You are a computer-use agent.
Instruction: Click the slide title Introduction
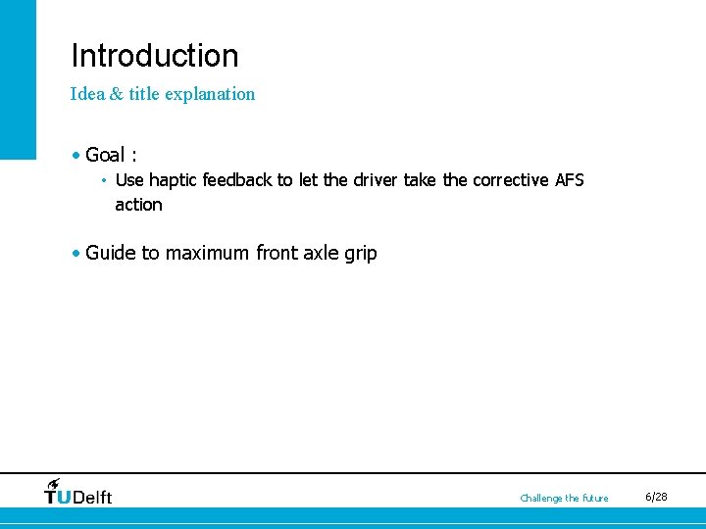pyautogui.click(x=154, y=56)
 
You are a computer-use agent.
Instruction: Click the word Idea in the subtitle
pyautogui.click(x=84, y=94)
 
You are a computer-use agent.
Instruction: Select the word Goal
pyautogui.click(x=105, y=155)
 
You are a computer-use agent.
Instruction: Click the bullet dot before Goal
pyautogui.click(x=76, y=155)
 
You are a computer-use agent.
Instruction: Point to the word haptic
pyautogui.click(x=174, y=180)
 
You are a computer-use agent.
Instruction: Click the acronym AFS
pyautogui.click(x=570, y=180)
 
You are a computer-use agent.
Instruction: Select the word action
pyautogui.click(x=138, y=205)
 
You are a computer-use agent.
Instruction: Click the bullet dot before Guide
pyautogui.click(x=76, y=253)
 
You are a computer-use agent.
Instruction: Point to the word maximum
pyautogui.click(x=207, y=254)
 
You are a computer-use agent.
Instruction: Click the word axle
pyautogui.click(x=321, y=253)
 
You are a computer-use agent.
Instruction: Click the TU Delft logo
pyautogui.click(x=78, y=492)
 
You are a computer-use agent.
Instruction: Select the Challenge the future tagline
pyautogui.click(x=564, y=499)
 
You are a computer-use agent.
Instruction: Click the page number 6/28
pyautogui.click(x=656, y=498)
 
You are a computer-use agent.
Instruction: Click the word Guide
pyautogui.click(x=111, y=253)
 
